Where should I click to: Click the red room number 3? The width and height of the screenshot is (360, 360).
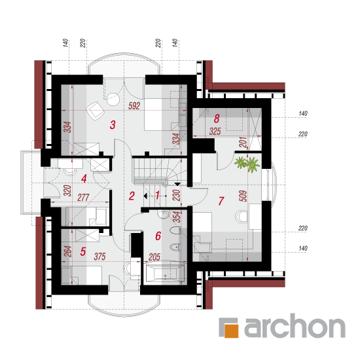(113, 125)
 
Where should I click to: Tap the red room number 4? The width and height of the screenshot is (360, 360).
(84, 179)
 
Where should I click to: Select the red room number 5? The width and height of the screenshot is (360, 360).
(83, 251)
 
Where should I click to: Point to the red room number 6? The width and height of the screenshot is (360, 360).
(158, 236)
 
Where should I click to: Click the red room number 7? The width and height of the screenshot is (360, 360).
(221, 201)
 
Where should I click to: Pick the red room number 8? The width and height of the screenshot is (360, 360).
(217, 118)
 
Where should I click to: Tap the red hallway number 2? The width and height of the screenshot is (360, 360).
(132, 196)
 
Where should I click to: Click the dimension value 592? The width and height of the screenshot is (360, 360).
(134, 106)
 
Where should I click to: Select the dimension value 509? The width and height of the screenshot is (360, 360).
(243, 196)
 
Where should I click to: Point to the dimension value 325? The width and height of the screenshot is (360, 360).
(215, 132)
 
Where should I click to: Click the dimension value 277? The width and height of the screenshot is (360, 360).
(83, 198)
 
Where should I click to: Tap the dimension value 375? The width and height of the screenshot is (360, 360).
(99, 257)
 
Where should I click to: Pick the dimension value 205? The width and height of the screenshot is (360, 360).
(154, 257)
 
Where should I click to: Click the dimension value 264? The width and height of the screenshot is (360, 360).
(68, 251)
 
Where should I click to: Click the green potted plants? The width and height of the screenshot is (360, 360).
(247, 164)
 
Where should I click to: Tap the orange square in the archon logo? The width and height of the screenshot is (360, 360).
(231, 331)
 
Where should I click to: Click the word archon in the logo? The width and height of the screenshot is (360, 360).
(295, 326)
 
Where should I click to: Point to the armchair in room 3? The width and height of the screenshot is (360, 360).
(96, 111)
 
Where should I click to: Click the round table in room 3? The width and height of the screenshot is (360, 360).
(113, 99)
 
